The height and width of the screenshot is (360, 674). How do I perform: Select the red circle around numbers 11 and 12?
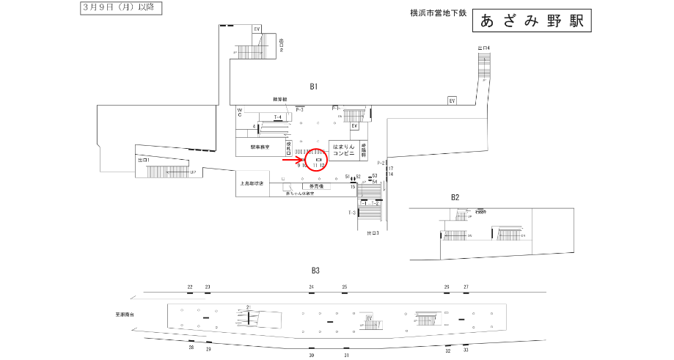click(x=319, y=158)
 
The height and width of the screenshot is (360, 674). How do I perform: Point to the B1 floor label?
click(x=314, y=87)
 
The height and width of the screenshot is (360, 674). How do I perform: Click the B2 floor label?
click(x=455, y=197)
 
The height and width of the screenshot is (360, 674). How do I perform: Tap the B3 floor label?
click(x=317, y=270)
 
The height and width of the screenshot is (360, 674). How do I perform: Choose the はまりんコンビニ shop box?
click(x=343, y=150)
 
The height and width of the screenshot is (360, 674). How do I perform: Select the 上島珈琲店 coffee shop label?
click(x=252, y=183)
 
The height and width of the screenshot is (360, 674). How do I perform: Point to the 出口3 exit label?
click(x=373, y=233)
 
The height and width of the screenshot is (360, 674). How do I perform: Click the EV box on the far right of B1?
click(x=453, y=100)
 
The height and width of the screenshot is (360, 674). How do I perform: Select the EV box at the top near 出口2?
click(x=257, y=29)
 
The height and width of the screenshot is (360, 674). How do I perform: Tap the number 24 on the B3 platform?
click(x=311, y=287)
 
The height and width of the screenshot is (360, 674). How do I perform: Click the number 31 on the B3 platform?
click(x=346, y=355)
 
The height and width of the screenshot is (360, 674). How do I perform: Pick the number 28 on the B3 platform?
click(x=191, y=347)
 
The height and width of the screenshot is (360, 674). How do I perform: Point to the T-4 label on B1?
click(x=278, y=117)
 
